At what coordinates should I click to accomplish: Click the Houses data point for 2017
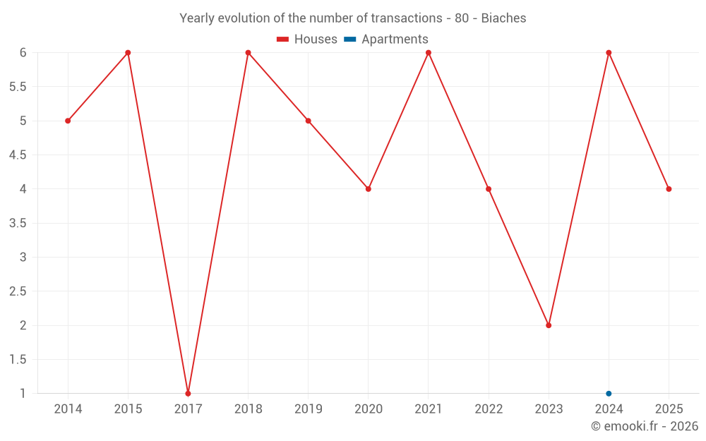click(x=188, y=393)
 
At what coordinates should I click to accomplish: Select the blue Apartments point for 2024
click(x=609, y=393)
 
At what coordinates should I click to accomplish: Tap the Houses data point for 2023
click(x=549, y=325)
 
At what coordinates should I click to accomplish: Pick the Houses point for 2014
click(x=68, y=121)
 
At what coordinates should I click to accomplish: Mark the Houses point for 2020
click(x=369, y=189)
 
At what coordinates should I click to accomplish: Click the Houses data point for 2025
click(x=669, y=189)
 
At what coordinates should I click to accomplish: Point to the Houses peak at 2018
click(x=248, y=53)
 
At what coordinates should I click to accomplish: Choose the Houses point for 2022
click(x=489, y=189)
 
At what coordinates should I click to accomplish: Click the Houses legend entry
click(x=307, y=40)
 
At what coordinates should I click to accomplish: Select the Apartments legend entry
click(x=386, y=40)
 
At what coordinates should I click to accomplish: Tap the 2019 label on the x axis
click(x=309, y=409)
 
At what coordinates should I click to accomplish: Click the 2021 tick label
click(x=429, y=409)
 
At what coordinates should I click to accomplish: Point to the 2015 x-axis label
click(x=128, y=409)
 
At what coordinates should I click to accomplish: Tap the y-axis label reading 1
click(x=23, y=393)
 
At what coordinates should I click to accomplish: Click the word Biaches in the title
click(x=503, y=18)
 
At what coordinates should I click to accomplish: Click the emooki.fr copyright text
click(x=645, y=426)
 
